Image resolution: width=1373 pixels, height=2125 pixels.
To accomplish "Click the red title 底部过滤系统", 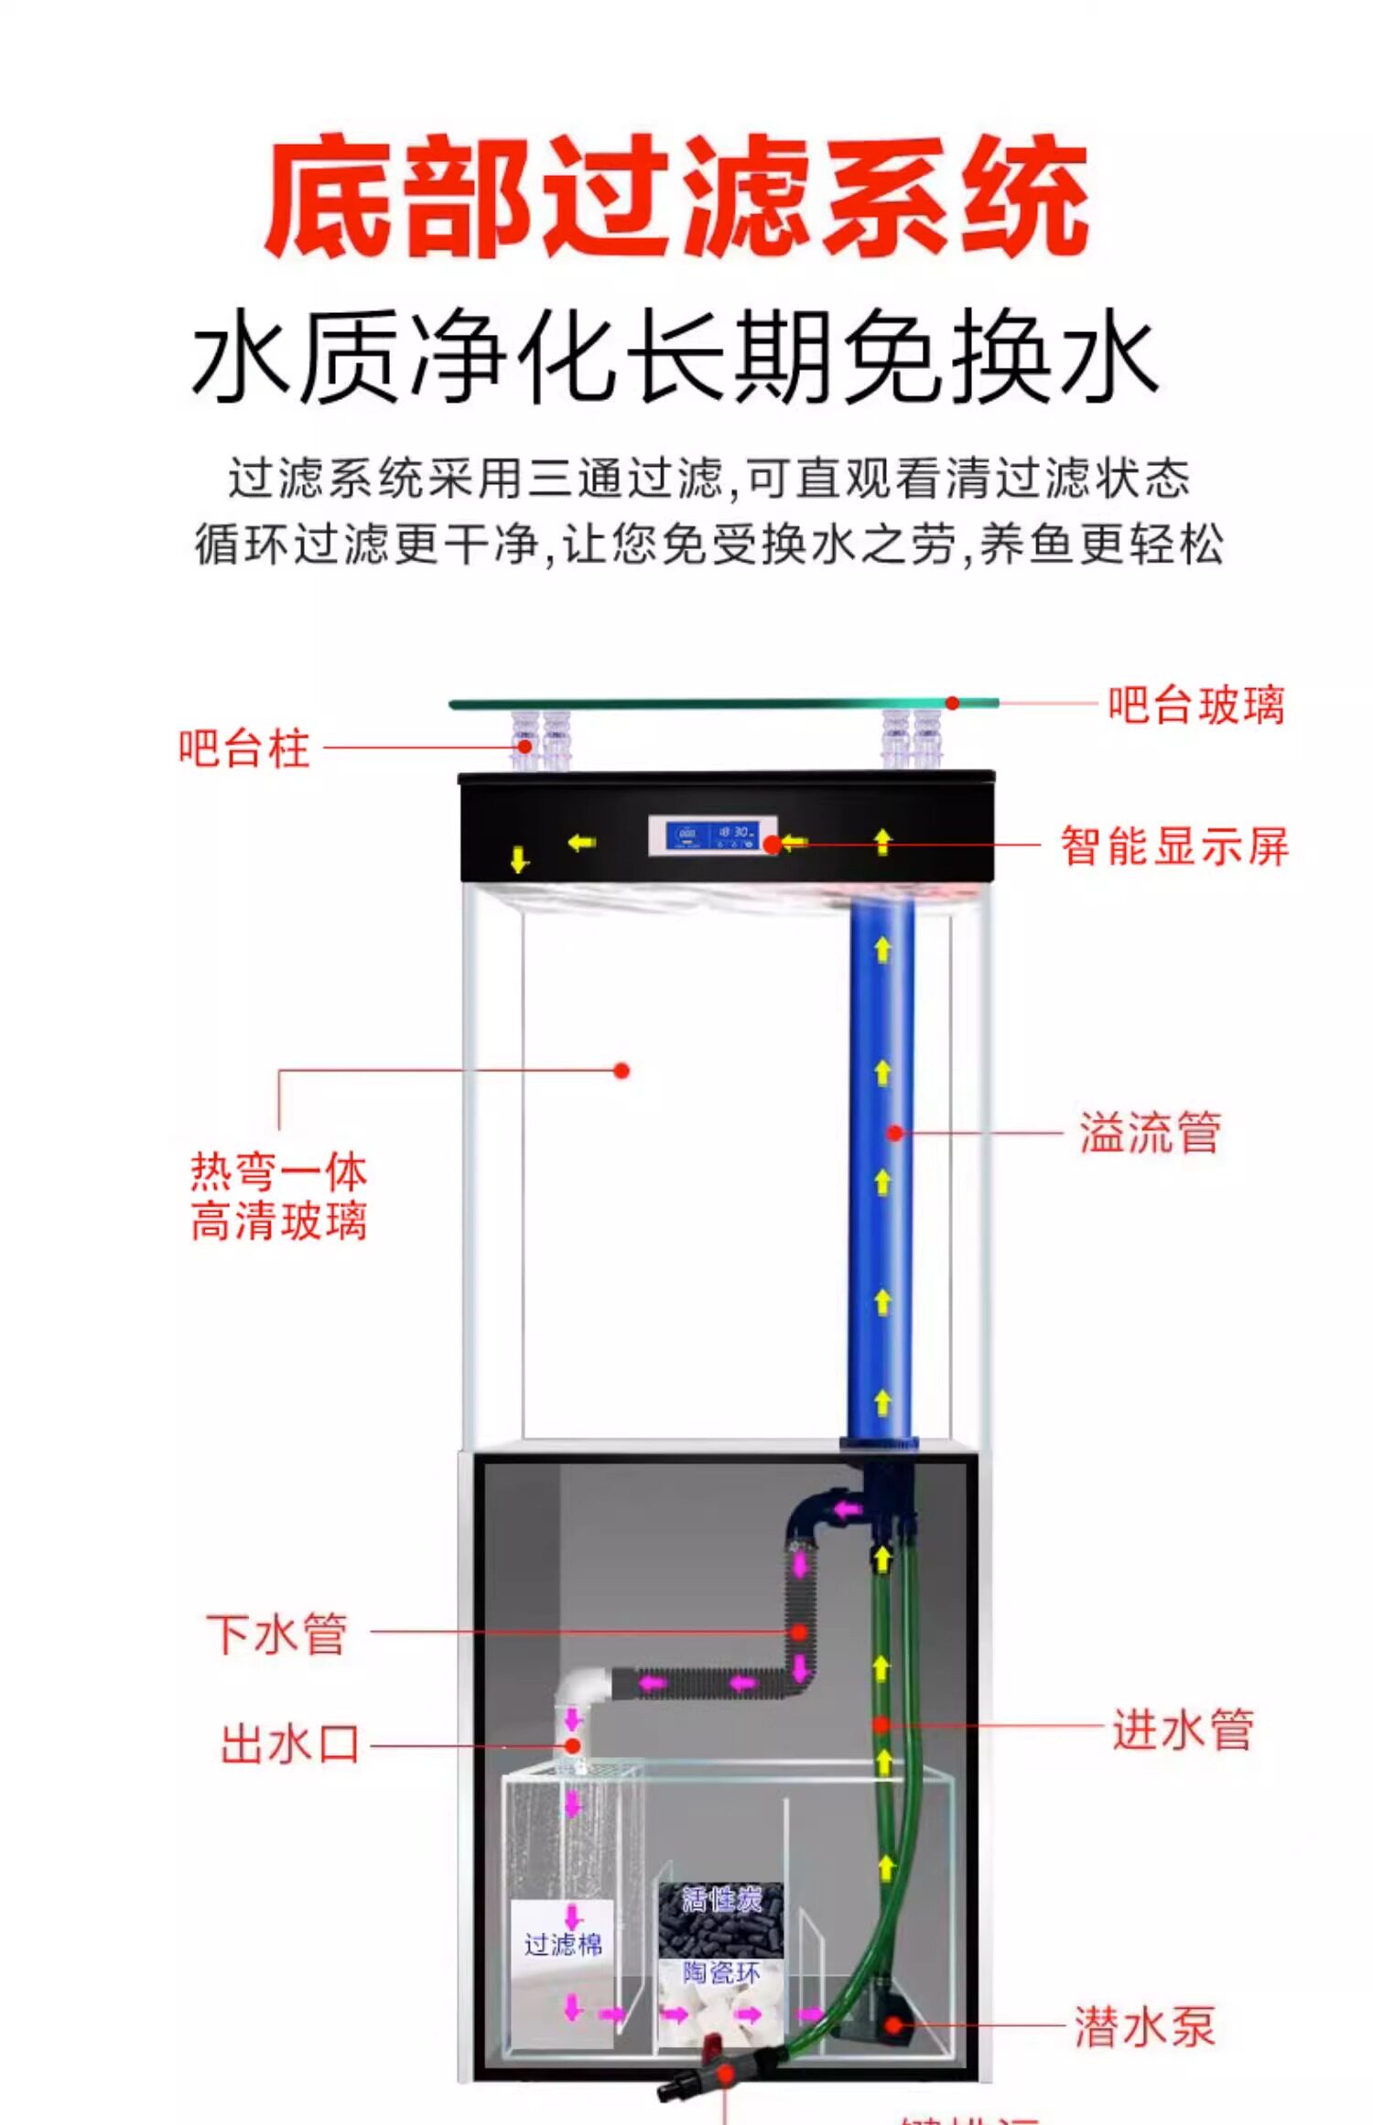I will coord(677,195).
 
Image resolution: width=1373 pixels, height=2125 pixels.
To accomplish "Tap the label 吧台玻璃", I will coord(1195,706).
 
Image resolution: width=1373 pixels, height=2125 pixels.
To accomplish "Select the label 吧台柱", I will coord(244,748).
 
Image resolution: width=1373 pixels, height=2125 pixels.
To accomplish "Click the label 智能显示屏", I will coord(1174,846).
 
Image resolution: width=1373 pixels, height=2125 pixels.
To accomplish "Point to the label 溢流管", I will coord(1150,1132).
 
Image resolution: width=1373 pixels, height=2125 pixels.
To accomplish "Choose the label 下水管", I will coord(276,1634).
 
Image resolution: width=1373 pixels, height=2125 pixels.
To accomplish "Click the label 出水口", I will coord(289,1743).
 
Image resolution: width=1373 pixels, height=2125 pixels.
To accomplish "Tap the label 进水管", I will coord(1183,1729).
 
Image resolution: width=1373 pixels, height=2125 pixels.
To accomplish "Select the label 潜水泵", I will coord(1144,2025).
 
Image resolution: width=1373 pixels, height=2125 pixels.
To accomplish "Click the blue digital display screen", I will coord(712,835).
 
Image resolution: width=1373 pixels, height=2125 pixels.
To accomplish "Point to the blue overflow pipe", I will coord(881,1190).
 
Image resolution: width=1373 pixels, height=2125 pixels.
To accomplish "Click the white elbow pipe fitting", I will coord(580,1692).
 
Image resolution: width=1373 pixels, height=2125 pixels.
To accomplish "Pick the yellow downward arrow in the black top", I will coord(519,859).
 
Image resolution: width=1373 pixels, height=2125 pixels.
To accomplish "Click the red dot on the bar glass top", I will coord(952,703).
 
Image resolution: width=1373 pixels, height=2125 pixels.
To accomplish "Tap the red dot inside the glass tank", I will coord(622,1070).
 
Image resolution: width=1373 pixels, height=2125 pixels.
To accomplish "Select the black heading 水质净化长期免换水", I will coord(676,357).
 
